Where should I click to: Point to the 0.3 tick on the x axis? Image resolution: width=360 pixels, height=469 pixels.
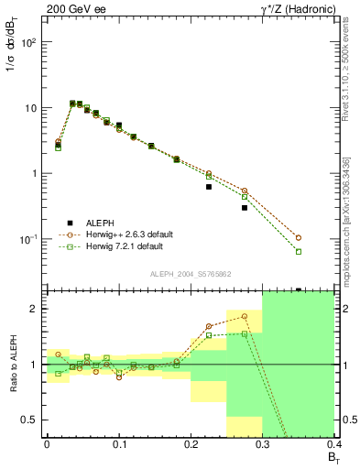263,442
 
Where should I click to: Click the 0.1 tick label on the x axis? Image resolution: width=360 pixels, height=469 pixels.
118,442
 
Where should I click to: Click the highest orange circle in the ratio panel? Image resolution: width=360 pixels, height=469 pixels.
245,316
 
